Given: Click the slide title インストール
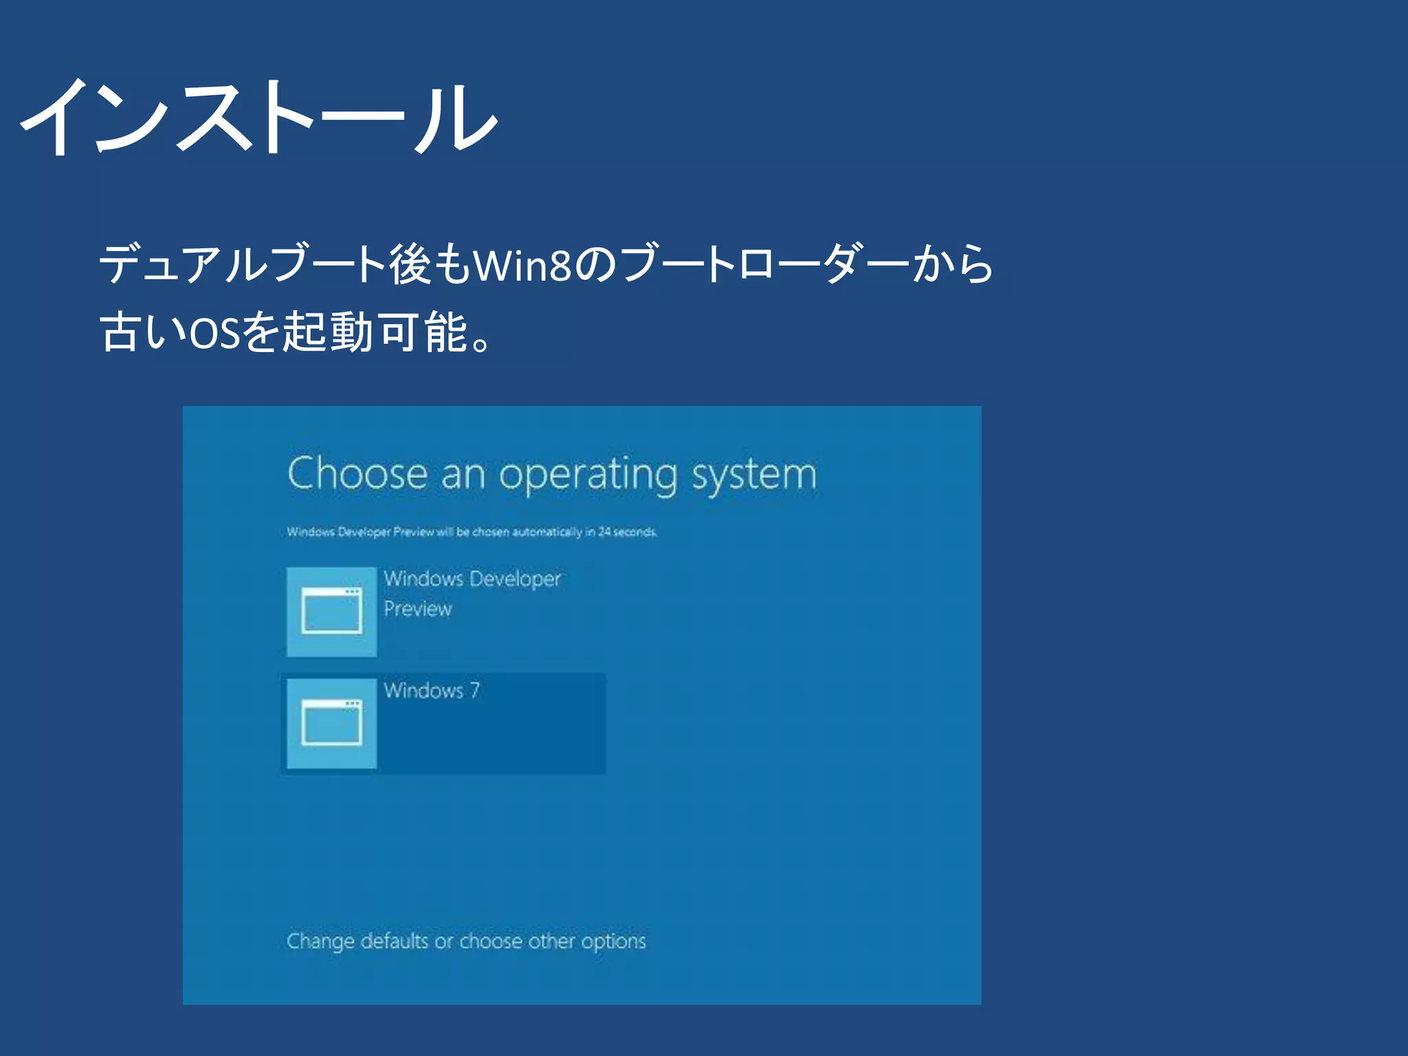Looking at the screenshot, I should click(258, 117).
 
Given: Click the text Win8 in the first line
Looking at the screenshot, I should click(522, 265).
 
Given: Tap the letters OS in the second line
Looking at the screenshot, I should click(213, 333).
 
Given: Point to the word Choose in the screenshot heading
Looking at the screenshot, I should click(357, 474).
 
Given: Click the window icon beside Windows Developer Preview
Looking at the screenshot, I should click(331, 611).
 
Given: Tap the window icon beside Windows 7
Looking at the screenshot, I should click(331, 723).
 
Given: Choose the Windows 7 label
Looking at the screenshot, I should click(432, 690).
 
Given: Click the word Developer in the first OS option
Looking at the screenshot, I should click(516, 579).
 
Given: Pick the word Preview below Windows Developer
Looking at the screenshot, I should click(417, 609).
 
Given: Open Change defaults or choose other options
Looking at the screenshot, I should click(466, 940).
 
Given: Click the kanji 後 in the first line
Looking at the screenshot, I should click(410, 265).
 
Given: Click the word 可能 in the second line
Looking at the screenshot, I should click(423, 333).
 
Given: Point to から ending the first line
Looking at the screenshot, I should click(953, 265).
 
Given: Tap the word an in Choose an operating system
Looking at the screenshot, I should click(462, 474).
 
